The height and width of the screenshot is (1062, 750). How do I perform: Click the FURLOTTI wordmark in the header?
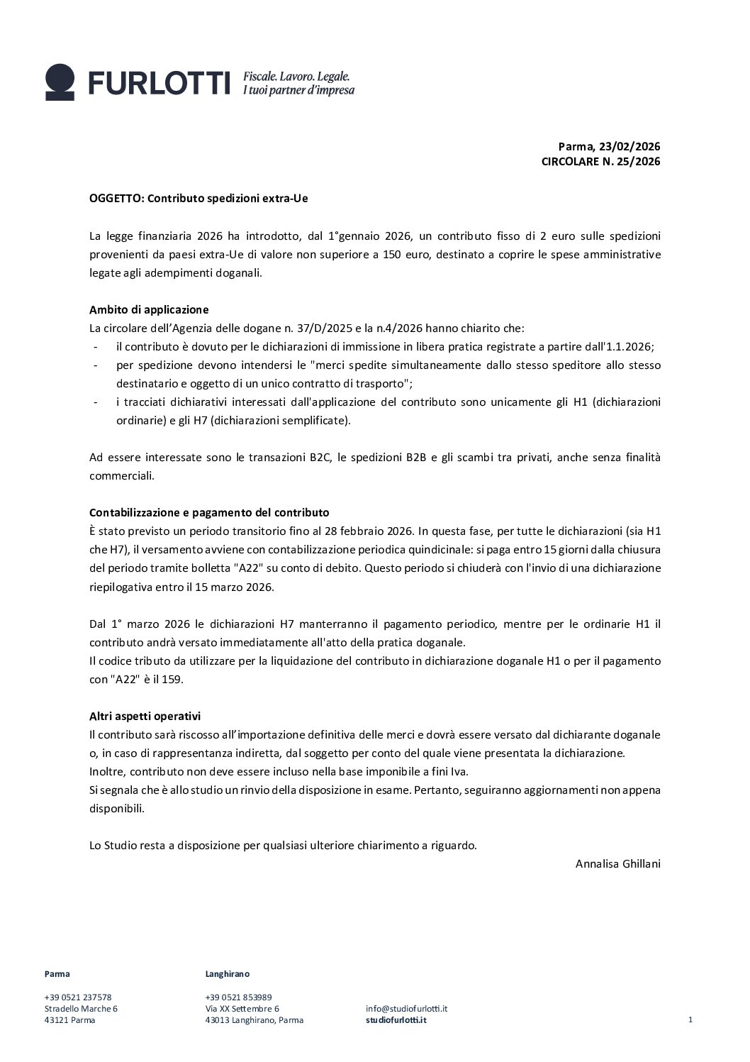[159, 83]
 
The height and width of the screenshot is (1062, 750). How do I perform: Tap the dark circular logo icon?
[60, 81]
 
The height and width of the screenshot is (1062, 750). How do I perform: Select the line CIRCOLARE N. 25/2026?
[600, 162]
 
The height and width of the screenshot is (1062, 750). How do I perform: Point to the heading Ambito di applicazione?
[149, 309]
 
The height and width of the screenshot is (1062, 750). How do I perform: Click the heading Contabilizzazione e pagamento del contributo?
[209, 512]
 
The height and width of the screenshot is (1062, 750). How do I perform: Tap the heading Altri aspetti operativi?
[145, 716]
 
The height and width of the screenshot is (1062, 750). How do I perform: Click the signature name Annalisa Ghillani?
[617, 863]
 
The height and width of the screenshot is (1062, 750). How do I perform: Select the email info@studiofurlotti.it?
[406, 1008]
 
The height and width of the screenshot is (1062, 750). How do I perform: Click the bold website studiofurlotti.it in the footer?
[396, 1020]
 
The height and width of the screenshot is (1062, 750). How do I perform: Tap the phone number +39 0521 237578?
[78, 997]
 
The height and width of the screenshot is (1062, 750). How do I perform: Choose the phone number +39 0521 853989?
[238, 997]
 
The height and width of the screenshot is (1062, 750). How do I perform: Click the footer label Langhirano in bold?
[227, 973]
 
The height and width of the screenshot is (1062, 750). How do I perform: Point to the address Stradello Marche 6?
[81, 1008]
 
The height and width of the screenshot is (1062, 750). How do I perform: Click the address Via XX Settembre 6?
[242, 1008]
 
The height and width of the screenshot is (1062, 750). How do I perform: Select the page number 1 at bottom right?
[690, 1019]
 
